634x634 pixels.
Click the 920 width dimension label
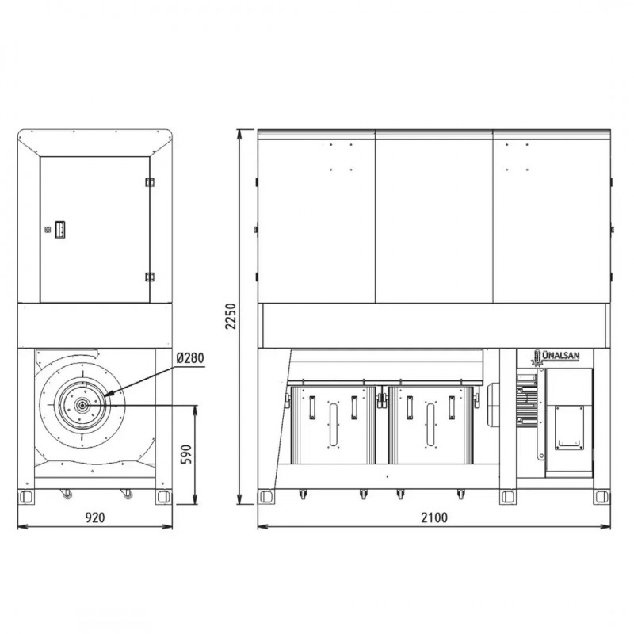(x=95, y=518)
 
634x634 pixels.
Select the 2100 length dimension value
(x=434, y=518)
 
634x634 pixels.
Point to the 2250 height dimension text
(x=231, y=316)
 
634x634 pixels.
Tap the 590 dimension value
(x=185, y=454)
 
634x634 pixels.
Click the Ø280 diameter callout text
(x=190, y=358)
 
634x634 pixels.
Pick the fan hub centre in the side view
(x=82, y=405)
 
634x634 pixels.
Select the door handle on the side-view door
(x=60, y=230)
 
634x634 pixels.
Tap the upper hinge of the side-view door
(x=150, y=182)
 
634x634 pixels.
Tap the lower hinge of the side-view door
(x=150, y=277)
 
